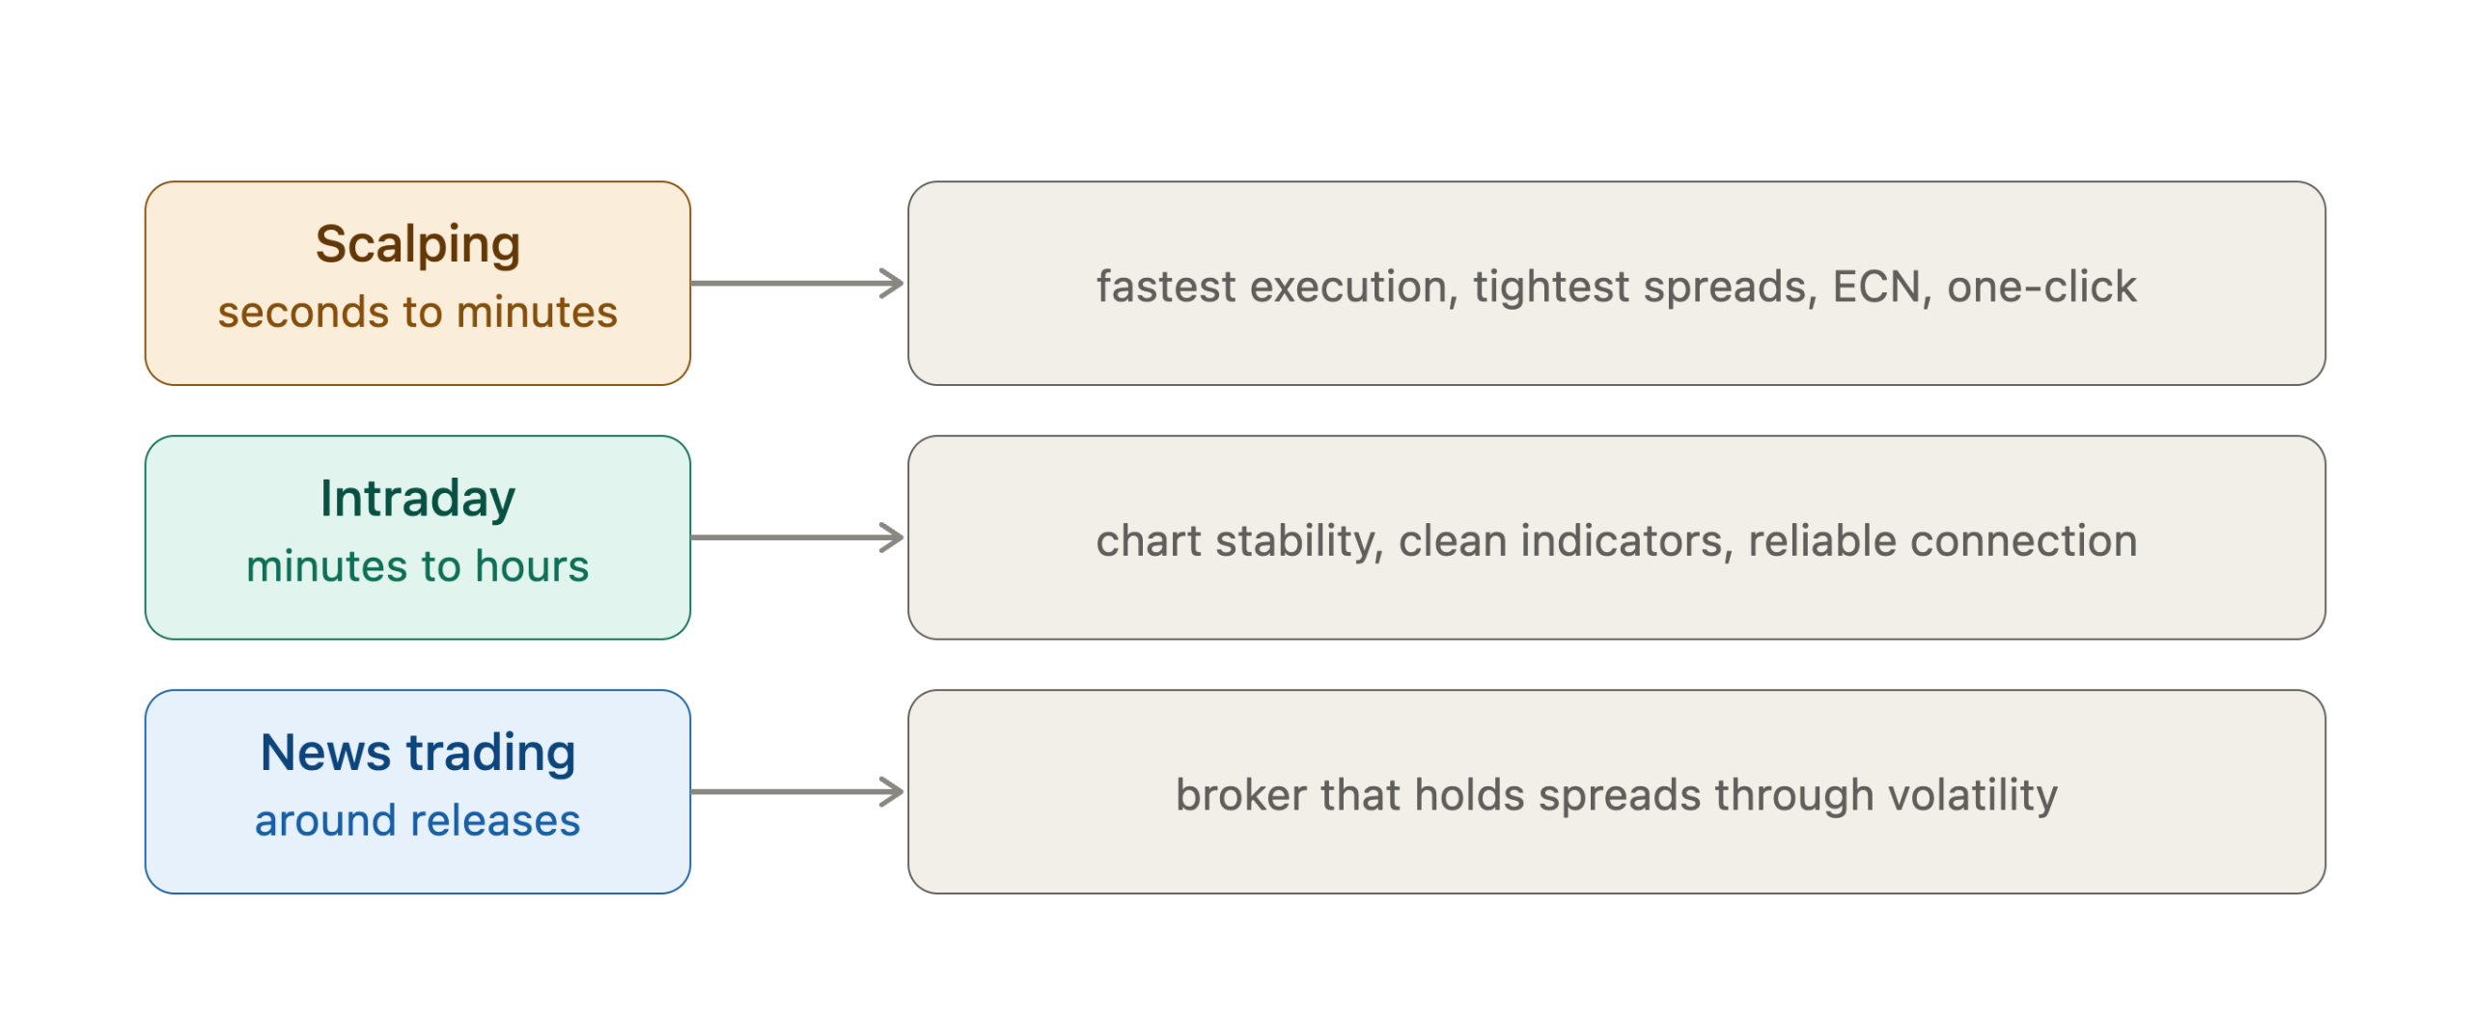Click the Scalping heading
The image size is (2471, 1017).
click(418, 245)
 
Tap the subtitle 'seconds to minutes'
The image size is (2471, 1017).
click(418, 313)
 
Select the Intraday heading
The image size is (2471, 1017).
click(418, 500)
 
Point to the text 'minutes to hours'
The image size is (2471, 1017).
click(418, 566)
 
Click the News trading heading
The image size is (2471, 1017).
click(418, 754)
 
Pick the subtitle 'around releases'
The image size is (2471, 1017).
click(418, 821)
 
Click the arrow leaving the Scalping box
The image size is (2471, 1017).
click(797, 284)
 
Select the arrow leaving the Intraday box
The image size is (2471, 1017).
click(797, 537)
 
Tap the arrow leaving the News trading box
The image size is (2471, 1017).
click(797, 792)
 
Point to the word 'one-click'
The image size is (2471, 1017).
click(2042, 288)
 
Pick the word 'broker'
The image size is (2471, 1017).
click(1240, 796)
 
